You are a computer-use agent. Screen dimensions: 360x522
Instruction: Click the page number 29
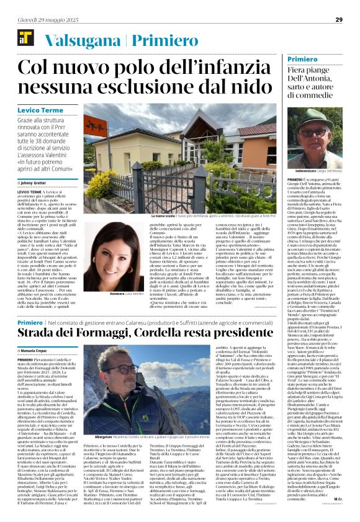[x=338, y=20]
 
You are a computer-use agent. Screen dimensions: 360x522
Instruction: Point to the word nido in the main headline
[x=249, y=86]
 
